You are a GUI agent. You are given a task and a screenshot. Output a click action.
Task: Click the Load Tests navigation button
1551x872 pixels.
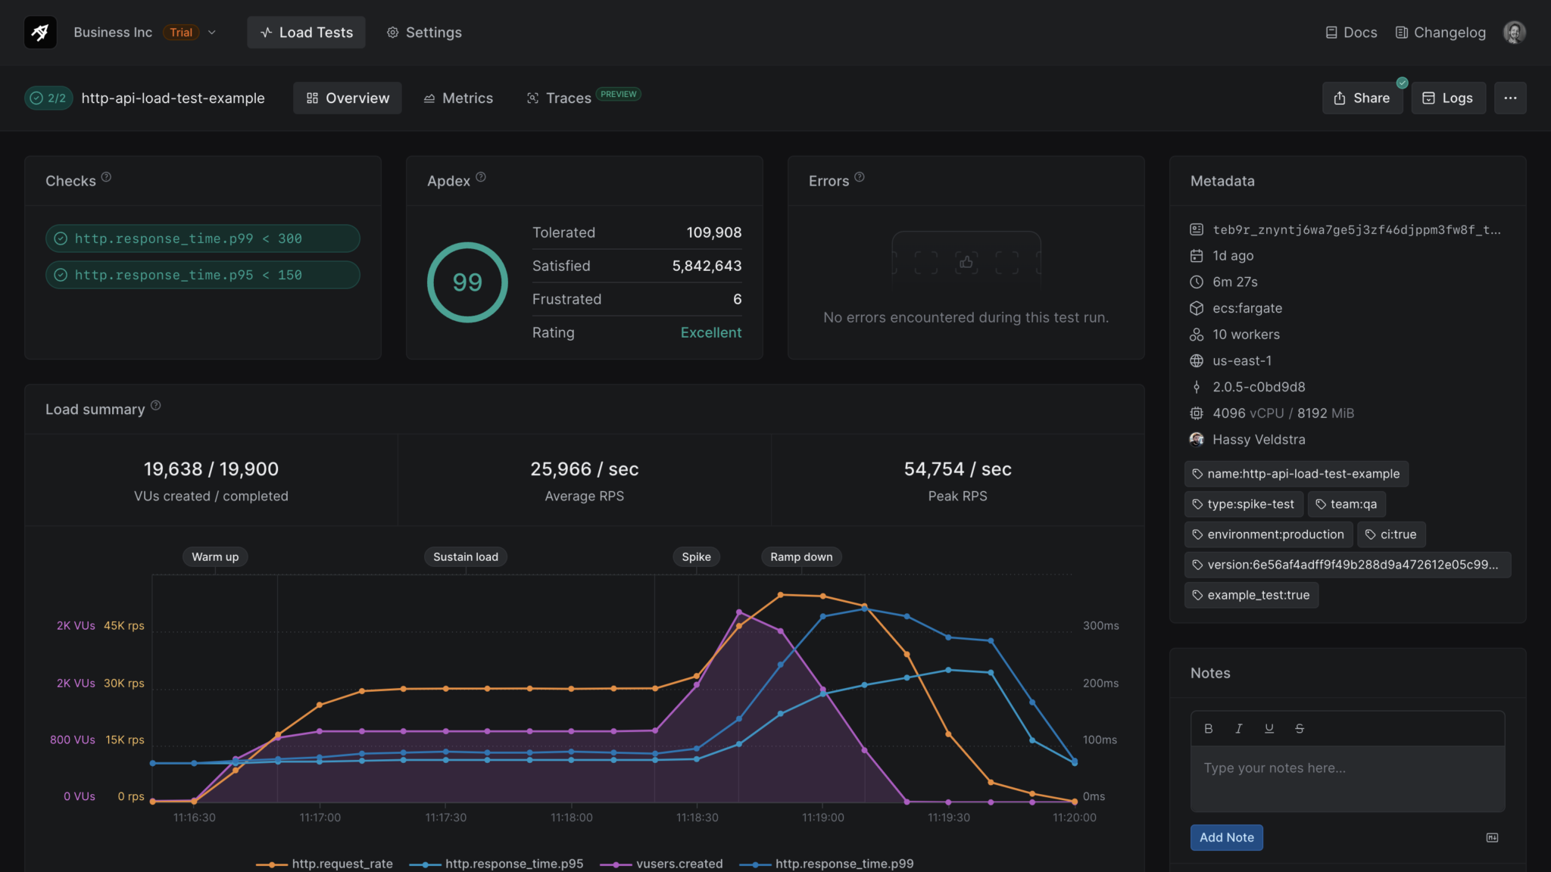point(306,33)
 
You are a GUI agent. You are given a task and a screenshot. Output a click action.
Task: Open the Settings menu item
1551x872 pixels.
point(424,33)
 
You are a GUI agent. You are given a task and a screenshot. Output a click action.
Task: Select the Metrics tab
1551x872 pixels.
point(458,98)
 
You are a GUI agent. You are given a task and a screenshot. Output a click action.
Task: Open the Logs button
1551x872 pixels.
point(1448,98)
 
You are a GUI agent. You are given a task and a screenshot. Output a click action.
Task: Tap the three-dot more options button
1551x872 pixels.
point(1510,98)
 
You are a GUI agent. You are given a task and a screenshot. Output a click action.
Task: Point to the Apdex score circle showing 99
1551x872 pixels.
point(467,282)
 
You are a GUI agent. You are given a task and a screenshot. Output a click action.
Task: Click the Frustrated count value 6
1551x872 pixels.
point(737,299)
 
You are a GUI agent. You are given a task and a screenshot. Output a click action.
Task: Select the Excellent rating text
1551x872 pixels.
point(710,332)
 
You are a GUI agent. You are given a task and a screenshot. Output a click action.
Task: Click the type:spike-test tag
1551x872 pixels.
point(1243,504)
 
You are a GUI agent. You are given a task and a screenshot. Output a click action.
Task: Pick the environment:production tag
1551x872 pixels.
point(1269,534)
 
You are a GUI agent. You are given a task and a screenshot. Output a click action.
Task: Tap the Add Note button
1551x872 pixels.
point(1226,837)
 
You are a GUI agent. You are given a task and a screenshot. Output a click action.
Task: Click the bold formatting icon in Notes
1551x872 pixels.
point(1209,728)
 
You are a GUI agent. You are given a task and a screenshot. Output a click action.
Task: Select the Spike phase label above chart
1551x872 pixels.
point(696,557)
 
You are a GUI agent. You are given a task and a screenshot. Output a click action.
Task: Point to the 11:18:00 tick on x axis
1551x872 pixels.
point(572,817)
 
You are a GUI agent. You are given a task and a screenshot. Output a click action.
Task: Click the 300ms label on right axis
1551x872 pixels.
point(1100,626)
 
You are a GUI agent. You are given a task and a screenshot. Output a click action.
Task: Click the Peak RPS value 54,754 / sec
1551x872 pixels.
point(957,469)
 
